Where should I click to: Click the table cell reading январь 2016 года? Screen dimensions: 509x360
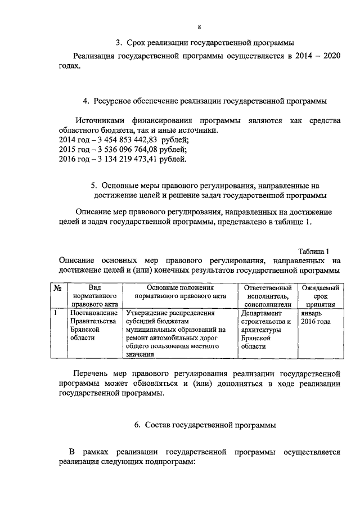[x=317, y=318]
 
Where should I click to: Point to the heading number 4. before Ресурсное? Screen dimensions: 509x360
[x=86, y=101]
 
